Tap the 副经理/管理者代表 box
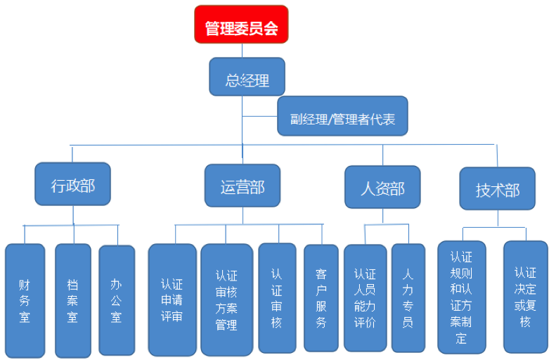(342, 116)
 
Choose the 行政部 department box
(72, 184)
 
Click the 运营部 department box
(242, 186)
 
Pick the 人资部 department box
(382, 187)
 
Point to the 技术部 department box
(498, 188)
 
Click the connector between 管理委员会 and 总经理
(242, 50)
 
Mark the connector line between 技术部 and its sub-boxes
(498, 218)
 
